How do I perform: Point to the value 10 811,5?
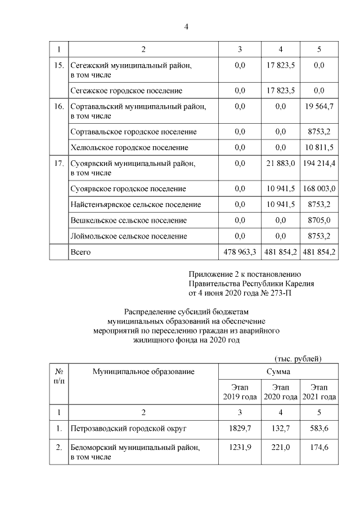319,147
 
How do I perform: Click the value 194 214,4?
319,163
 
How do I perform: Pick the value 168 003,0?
319,188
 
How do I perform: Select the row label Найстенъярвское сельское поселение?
136,204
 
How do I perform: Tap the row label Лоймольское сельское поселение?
128,236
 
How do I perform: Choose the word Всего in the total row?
80,252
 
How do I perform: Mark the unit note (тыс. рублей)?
298,358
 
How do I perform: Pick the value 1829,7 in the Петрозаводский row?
240,429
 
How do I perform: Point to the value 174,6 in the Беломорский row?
319,448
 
